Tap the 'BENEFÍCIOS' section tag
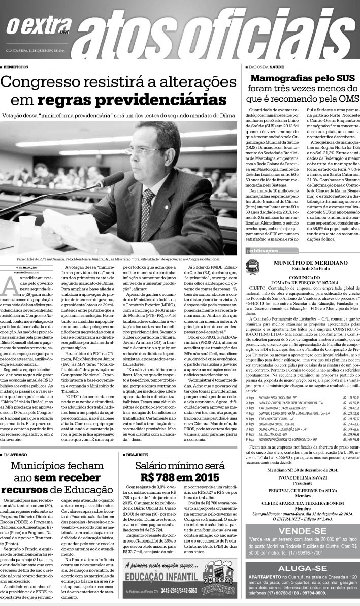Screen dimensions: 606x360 [16, 67]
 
